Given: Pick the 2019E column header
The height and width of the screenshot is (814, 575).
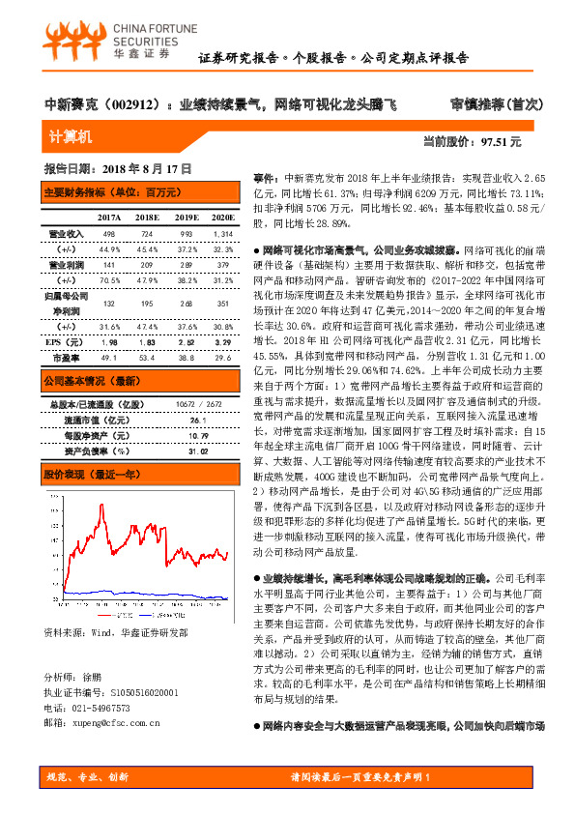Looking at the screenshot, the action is click(186, 218).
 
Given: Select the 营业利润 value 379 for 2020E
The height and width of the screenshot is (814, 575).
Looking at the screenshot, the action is click(223, 264).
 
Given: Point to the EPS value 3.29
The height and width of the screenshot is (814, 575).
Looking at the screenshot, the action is click(223, 343).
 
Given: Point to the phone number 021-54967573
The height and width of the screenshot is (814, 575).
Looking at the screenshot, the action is click(101, 707).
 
